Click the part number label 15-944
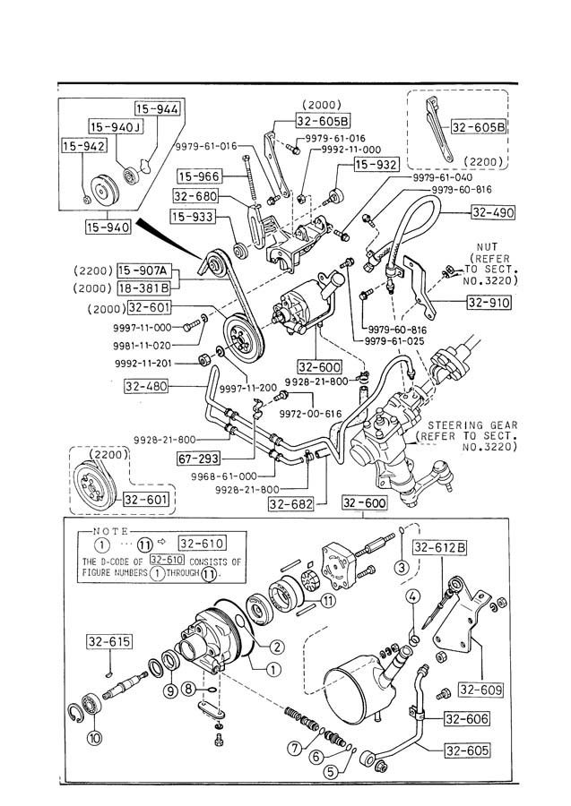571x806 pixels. pos(158,110)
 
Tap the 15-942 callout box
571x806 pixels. pos(83,144)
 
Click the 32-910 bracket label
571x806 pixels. pos(488,303)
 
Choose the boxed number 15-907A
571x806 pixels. pos(147,270)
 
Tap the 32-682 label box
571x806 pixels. pos(289,503)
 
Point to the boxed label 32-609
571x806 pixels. pos(481,690)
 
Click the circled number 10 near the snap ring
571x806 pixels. pos(93,739)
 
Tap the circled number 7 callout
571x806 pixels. pos(293,747)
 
